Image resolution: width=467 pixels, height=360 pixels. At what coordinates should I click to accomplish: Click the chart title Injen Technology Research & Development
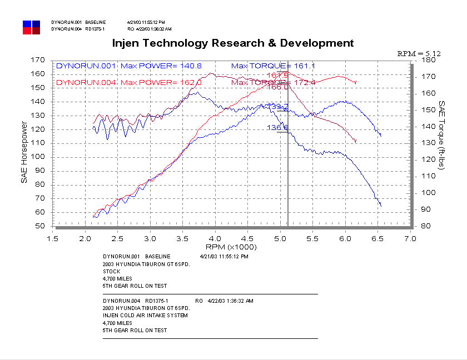pos(233,43)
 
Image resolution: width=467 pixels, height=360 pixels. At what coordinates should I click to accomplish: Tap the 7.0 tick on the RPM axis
pos(410,238)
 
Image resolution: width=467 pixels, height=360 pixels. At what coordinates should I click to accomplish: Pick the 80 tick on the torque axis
pos(426,226)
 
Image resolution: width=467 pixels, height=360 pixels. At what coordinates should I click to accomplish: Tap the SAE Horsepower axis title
pos(25,143)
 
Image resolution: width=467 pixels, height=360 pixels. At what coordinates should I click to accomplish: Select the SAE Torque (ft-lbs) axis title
pos(442,143)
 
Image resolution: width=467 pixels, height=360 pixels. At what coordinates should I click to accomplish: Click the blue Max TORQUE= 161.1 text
pos(273,66)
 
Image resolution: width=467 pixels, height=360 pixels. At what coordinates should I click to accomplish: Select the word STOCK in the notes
pos(111,272)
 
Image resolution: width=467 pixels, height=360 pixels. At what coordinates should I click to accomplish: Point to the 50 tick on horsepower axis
pos(39,226)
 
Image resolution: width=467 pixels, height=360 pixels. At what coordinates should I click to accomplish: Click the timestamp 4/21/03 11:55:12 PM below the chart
pos(223,257)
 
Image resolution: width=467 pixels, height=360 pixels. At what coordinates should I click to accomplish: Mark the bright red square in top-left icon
pos(27,31)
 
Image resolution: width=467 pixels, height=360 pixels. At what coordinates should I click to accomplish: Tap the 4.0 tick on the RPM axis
pos(215,238)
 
